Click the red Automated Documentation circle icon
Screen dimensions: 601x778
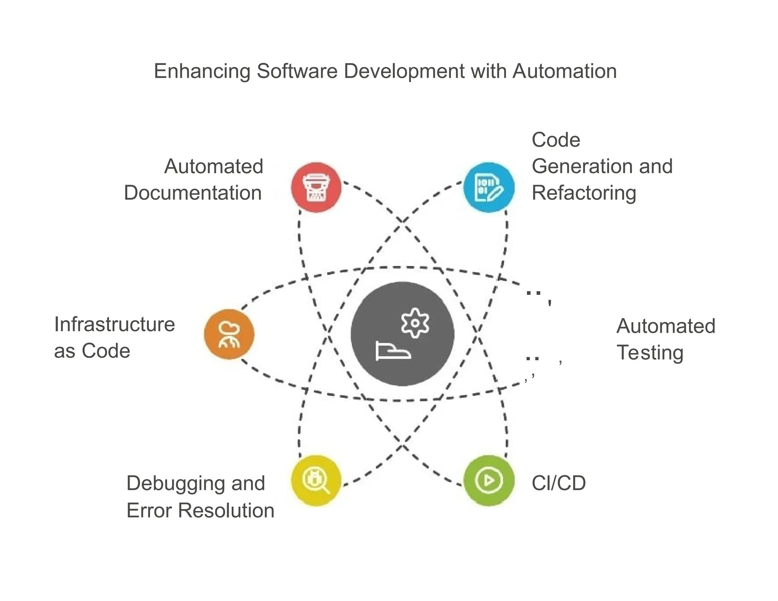316,187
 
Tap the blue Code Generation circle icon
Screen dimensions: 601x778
489,187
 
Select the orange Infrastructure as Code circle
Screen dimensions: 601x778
229,334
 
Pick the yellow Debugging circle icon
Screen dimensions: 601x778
316,481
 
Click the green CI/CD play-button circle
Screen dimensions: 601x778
489,481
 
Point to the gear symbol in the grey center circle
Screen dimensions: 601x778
415,323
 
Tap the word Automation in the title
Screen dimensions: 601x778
565,71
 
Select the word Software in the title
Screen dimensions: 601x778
297,71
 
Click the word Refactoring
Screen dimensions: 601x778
584,193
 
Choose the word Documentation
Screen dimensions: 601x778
193,193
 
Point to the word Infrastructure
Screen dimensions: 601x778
114,324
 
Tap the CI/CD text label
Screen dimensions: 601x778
558,483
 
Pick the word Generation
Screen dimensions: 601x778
580,166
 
